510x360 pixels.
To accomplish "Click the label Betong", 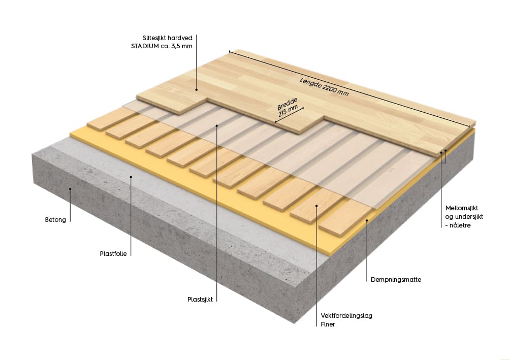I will coord(55,220).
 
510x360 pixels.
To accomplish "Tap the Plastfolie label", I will coord(113,253).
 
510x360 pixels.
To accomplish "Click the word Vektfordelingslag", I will coord(346,315).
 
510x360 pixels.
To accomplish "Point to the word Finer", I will coord(328,323).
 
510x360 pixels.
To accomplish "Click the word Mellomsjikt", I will coord(462,208).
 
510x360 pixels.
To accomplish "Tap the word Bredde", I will coord(286,108).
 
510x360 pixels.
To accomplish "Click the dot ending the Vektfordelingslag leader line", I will coord(316,206).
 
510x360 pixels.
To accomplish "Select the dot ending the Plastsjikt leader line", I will coord(217,125).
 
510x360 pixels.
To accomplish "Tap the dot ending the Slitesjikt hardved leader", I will coord(196,90).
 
